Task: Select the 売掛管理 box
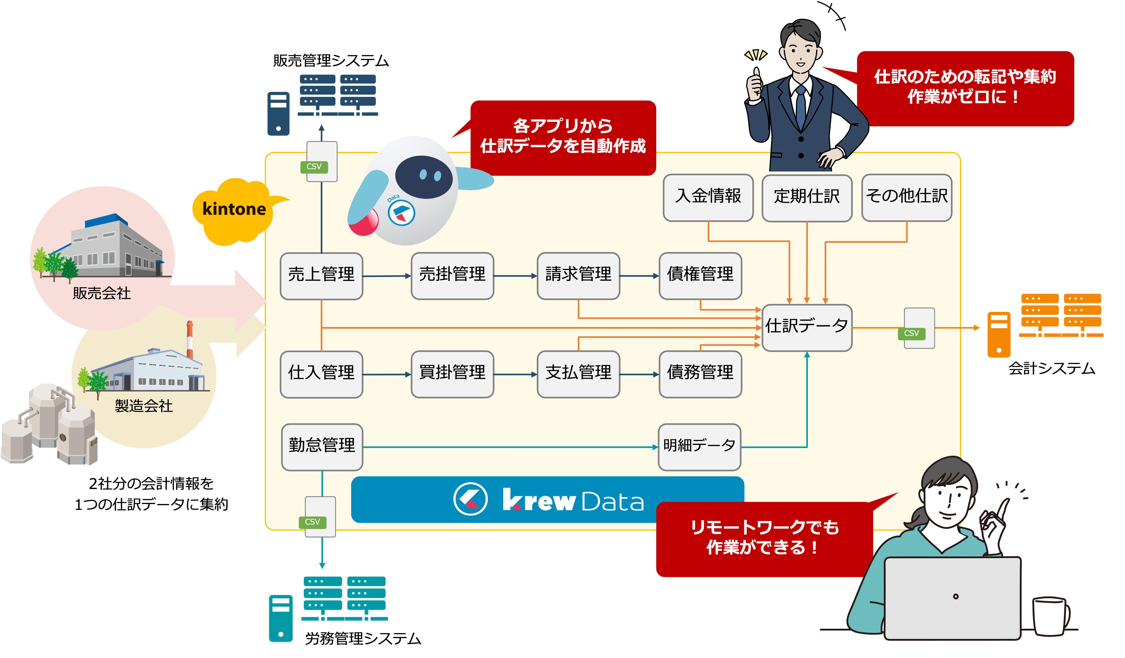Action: [x=452, y=276]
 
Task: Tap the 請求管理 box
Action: [x=578, y=276]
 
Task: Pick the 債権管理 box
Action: [x=700, y=276]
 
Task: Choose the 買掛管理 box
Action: [x=452, y=374]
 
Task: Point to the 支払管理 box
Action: [x=578, y=374]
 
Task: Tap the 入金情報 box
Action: [x=708, y=197]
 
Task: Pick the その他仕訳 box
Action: [x=907, y=197]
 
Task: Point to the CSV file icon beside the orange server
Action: [x=919, y=328]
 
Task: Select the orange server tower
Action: [x=999, y=335]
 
